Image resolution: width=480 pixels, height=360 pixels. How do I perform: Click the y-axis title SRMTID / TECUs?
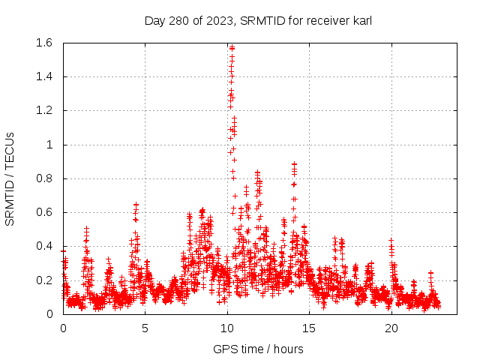pos(10,178)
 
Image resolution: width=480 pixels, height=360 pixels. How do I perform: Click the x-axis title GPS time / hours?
pos(258,349)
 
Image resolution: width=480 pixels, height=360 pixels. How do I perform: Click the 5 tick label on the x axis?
pos(145,328)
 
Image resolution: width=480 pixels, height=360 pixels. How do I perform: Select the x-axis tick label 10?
pos(227,328)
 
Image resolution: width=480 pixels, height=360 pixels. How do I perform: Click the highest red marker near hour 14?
pos(294,163)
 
